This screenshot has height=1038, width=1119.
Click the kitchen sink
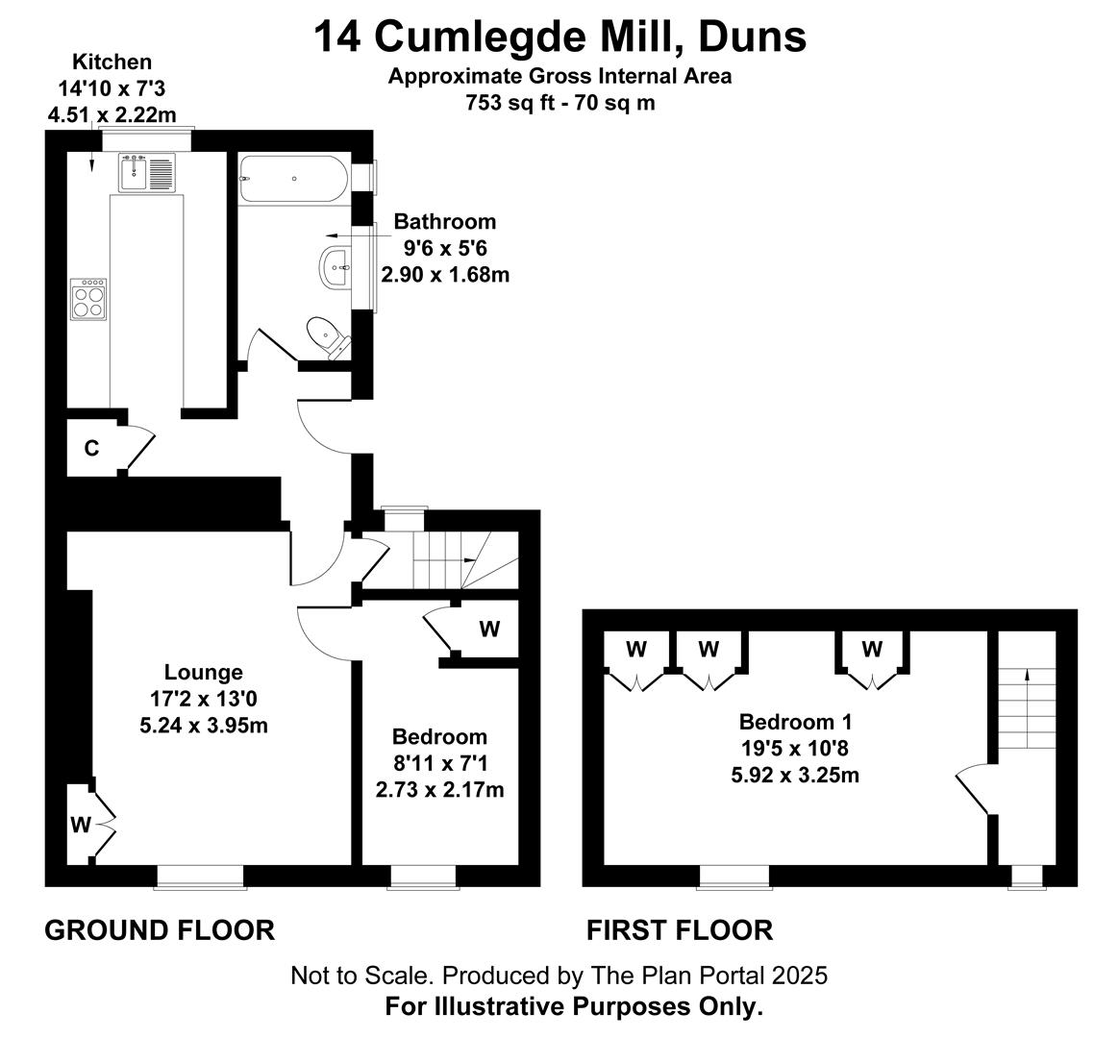click(147, 173)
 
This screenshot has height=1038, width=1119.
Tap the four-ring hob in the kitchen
click(88, 299)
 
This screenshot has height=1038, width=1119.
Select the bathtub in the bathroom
click(293, 179)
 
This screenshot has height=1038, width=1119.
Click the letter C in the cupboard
click(91, 448)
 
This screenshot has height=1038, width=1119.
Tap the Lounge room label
click(204, 672)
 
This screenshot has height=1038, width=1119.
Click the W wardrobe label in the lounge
click(81, 825)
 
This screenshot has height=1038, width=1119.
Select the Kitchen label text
click(112, 62)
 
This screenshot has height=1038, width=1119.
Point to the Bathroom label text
click(444, 222)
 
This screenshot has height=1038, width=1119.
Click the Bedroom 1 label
click(795, 722)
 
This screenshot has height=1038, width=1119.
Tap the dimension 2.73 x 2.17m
click(439, 790)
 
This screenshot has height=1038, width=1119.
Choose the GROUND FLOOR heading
click(160, 930)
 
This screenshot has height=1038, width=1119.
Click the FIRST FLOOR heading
click(680, 930)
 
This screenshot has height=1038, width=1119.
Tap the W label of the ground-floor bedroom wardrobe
click(489, 629)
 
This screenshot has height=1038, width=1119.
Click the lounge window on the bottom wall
click(200, 877)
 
